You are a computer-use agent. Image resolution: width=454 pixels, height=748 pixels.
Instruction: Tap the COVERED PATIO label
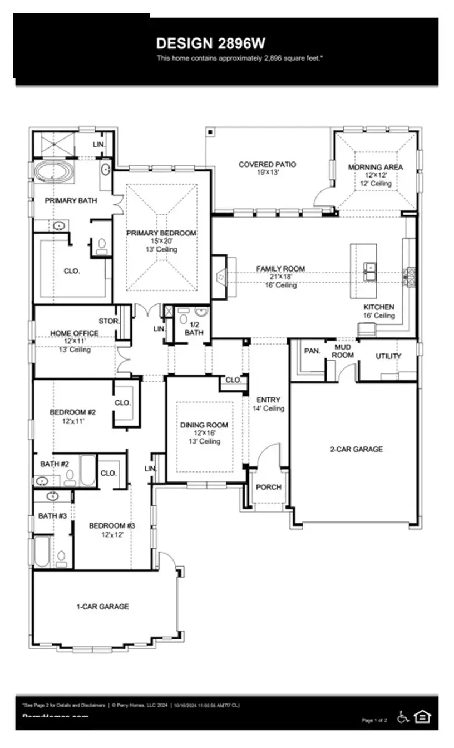click(x=267, y=165)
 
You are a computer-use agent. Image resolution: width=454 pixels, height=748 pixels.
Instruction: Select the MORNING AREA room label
click(x=376, y=167)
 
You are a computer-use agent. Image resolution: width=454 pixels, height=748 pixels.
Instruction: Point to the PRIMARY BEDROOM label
click(x=161, y=233)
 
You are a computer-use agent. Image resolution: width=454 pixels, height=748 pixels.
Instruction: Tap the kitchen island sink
click(x=370, y=272)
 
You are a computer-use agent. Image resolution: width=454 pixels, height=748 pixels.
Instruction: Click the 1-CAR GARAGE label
click(x=102, y=607)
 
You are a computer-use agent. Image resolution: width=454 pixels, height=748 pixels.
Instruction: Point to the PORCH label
click(x=268, y=487)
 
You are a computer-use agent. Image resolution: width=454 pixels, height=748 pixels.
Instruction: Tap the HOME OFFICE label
click(x=74, y=333)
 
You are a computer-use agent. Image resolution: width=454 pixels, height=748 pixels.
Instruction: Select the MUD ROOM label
click(x=343, y=351)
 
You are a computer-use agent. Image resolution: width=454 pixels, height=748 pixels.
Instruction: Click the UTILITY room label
click(x=388, y=356)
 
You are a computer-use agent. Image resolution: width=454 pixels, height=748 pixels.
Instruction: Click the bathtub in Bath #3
click(x=42, y=551)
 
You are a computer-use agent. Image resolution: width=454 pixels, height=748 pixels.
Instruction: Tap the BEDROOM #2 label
click(x=73, y=412)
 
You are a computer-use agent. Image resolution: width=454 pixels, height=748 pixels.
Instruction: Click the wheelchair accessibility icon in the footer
click(x=403, y=717)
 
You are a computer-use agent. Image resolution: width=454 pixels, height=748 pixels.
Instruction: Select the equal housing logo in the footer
click(x=422, y=717)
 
